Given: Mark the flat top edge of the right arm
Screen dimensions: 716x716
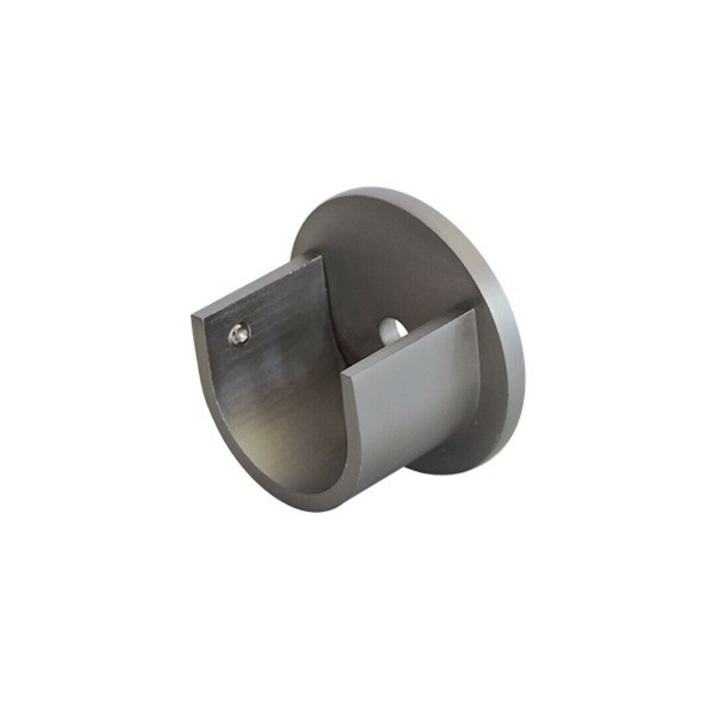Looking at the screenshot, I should (x=411, y=339).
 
